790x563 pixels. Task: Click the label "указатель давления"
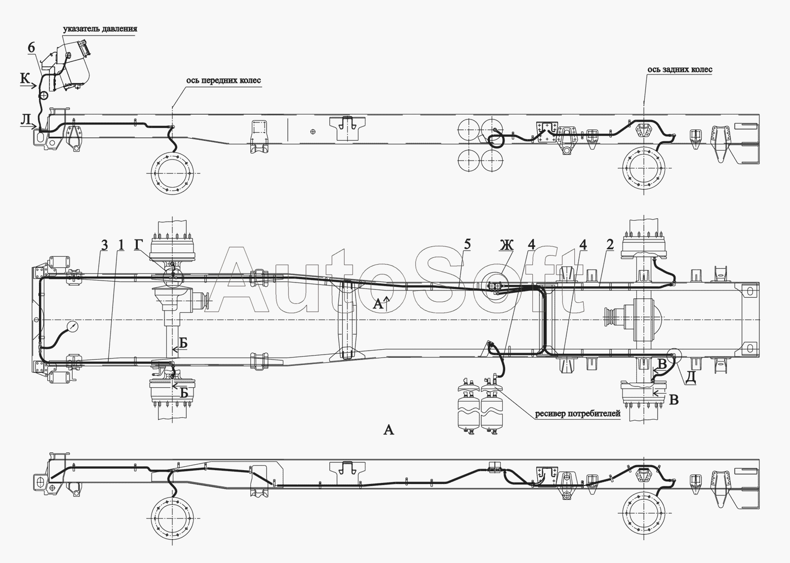pyautogui.click(x=100, y=29)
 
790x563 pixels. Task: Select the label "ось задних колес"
pyautogui.click(x=679, y=69)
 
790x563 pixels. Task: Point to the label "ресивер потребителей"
pyautogui.click(x=578, y=414)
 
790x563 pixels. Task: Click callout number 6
pyautogui.click(x=32, y=47)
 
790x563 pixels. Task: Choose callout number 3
pyautogui.click(x=104, y=245)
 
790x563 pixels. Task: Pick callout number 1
pyautogui.click(x=120, y=245)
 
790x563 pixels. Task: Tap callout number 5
pyautogui.click(x=467, y=244)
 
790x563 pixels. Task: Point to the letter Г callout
pyautogui.click(x=139, y=245)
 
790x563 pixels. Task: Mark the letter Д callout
pyautogui.click(x=690, y=378)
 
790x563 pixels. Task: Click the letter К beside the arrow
pyautogui.click(x=25, y=79)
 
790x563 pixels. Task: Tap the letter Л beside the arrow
pyautogui.click(x=25, y=119)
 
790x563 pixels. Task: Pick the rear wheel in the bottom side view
pyautogui.click(x=644, y=519)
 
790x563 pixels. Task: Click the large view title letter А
pyautogui.click(x=389, y=430)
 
